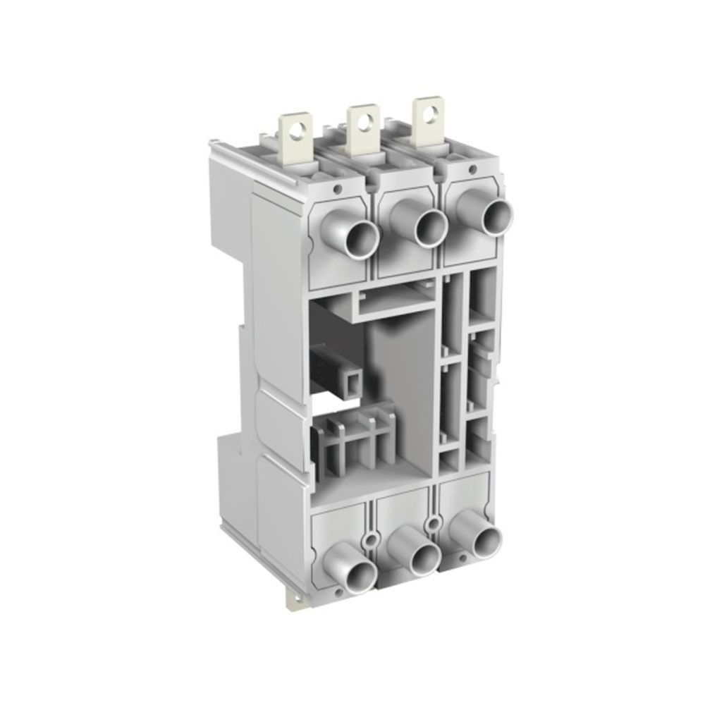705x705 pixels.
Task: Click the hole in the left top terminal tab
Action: tap(305, 128)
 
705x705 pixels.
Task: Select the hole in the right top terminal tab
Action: tap(424, 114)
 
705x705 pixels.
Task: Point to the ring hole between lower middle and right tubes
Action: tap(431, 522)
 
